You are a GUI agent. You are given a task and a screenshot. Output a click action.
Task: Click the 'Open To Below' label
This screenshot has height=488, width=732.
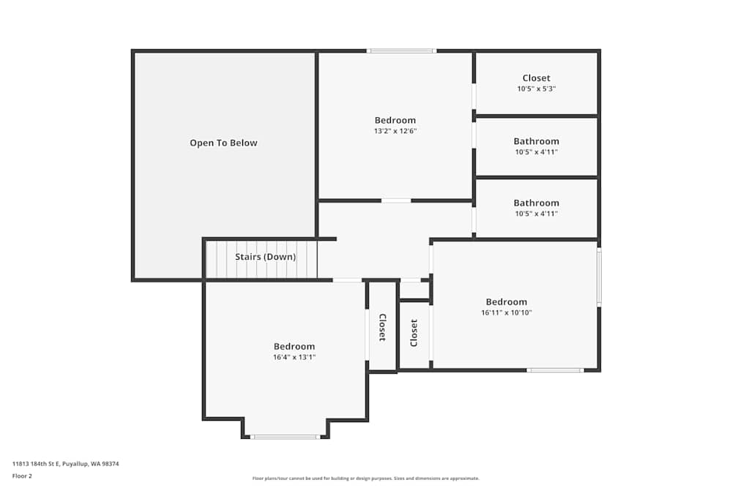point(223,143)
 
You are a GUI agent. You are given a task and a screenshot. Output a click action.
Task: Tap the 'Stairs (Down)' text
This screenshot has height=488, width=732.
point(265,257)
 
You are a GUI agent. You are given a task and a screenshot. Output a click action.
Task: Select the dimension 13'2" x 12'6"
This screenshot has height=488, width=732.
point(395,131)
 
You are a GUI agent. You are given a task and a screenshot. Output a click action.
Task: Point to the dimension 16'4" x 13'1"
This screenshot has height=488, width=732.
point(294,357)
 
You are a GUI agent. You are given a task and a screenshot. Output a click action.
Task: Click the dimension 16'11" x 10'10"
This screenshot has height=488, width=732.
point(506,312)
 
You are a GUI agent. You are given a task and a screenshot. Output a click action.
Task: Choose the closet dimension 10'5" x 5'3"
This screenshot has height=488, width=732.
point(536,89)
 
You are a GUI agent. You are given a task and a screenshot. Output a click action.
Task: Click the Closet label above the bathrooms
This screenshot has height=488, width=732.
point(536,78)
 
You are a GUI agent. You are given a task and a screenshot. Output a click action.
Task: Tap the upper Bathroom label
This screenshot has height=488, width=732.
point(536,141)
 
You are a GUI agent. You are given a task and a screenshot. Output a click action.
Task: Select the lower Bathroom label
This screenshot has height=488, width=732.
point(536,203)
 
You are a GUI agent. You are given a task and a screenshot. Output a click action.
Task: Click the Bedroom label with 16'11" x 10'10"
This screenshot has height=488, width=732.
point(506,301)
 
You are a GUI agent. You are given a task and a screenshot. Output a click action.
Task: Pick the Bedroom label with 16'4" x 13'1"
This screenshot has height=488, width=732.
point(294,346)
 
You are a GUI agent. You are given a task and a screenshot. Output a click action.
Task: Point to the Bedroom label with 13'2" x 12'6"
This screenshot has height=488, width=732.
point(395,120)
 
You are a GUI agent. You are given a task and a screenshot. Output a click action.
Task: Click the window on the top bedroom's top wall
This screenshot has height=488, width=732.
point(401,51)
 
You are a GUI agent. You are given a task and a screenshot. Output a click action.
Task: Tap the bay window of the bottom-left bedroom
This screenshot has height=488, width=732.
point(285,437)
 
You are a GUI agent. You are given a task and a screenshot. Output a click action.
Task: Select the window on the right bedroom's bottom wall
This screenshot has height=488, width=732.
point(554,370)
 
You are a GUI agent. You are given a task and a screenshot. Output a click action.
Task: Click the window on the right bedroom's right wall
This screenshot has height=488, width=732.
point(599,277)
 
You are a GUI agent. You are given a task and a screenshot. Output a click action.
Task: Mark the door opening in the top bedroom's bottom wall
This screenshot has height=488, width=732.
point(396,200)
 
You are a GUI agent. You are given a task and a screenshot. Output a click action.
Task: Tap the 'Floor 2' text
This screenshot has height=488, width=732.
point(23,476)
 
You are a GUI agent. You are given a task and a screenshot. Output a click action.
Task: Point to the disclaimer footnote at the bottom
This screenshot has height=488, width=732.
point(366,478)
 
